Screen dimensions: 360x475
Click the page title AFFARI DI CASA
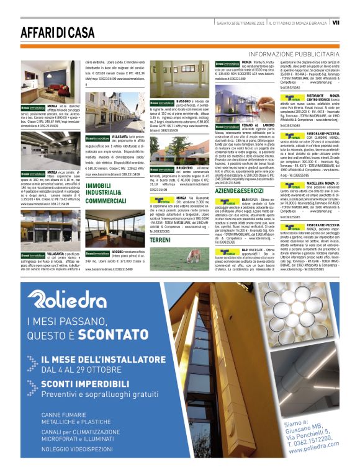tap(57, 32)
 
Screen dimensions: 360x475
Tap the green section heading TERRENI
tap(160, 239)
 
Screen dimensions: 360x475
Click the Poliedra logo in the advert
tap(74, 299)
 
